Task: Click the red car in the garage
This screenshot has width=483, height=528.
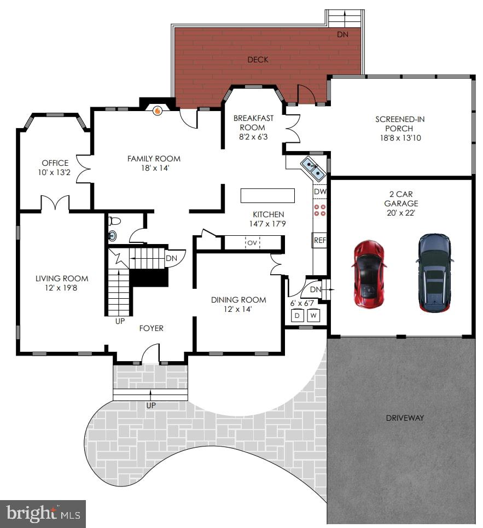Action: [x=369, y=274]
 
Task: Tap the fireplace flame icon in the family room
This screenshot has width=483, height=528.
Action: [x=158, y=111]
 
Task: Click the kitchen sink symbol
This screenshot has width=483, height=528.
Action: [x=313, y=167]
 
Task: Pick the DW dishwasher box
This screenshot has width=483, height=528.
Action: [x=320, y=192]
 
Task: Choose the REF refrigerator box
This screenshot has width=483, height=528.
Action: [x=320, y=240]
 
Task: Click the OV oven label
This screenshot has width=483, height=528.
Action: [x=252, y=242]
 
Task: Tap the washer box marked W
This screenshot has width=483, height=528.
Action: [x=313, y=316]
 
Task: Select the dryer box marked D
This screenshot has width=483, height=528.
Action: [x=298, y=316]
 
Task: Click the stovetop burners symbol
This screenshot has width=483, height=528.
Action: [x=320, y=210]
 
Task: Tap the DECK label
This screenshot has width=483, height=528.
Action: [x=258, y=60]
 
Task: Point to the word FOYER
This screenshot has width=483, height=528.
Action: [x=151, y=328]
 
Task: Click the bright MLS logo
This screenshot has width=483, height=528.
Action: [x=43, y=514]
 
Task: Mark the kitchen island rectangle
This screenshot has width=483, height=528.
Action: [x=267, y=195]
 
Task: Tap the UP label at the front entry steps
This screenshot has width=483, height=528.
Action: [x=150, y=405]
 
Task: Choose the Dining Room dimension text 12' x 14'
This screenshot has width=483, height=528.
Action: [x=238, y=309]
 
